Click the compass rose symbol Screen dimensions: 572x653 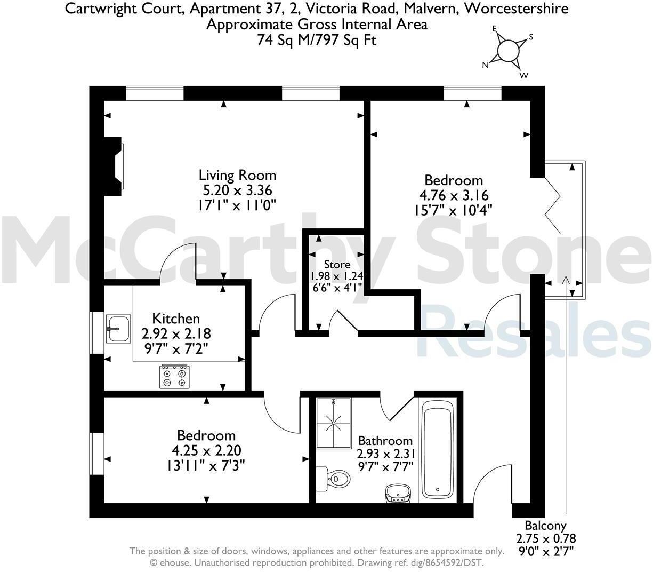pyautogui.click(x=507, y=51)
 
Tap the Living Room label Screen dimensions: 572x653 pyautogui.click(x=237, y=175)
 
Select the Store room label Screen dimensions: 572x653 pyautogui.click(x=337, y=264)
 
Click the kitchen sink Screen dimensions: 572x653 pyautogui.click(x=118, y=328)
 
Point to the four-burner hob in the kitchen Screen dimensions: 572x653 pyautogui.click(x=175, y=376)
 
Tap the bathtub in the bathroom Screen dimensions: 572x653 pyautogui.click(x=438, y=448)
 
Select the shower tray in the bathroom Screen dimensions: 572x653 pyautogui.click(x=334, y=423)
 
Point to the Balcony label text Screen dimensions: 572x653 pyautogui.click(x=545, y=526)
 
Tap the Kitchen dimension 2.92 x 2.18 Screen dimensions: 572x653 pyautogui.click(x=176, y=334)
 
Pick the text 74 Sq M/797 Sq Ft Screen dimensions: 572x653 pyautogui.click(x=317, y=40)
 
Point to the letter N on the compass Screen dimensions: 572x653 pyautogui.click(x=485, y=65)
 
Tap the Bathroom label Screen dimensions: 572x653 pyautogui.click(x=385, y=441)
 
